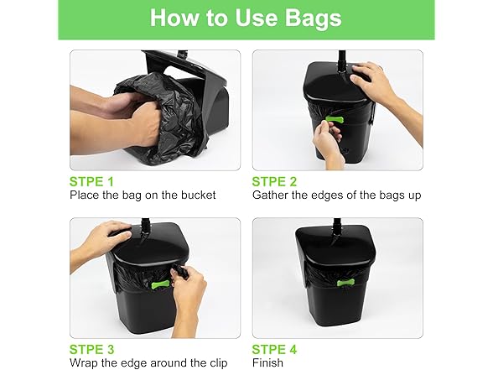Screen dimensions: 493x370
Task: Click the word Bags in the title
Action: pyautogui.click(x=314, y=18)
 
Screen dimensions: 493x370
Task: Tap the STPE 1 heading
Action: pyautogui.click(x=91, y=181)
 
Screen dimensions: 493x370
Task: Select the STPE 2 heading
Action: pyautogui.click(x=274, y=181)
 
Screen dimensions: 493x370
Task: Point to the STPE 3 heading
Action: pyautogui.click(x=92, y=349)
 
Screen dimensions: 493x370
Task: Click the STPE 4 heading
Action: pyautogui.click(x=274, y=349)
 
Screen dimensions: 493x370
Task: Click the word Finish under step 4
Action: pyautogui.click(x=268, y=362)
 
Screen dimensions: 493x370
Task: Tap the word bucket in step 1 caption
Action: pyautogui.click(x=199, y=195)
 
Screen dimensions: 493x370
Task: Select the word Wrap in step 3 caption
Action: pyautogui.click(x=83, y=363)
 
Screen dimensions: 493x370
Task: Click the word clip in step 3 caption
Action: pyautogui.click(x=219, y=363)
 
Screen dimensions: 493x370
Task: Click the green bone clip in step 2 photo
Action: pyautogui.click(x=335, y=119)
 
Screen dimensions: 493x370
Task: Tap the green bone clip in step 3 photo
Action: pyautogui.click(x=160, y=285)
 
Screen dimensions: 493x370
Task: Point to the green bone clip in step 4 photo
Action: pyautogui.click(x=345, y=283)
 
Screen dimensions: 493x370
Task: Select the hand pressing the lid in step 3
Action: pyautogui.click(x=108, y=234)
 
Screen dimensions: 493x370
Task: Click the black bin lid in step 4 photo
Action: pyautogui.click(x=335, y=245)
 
